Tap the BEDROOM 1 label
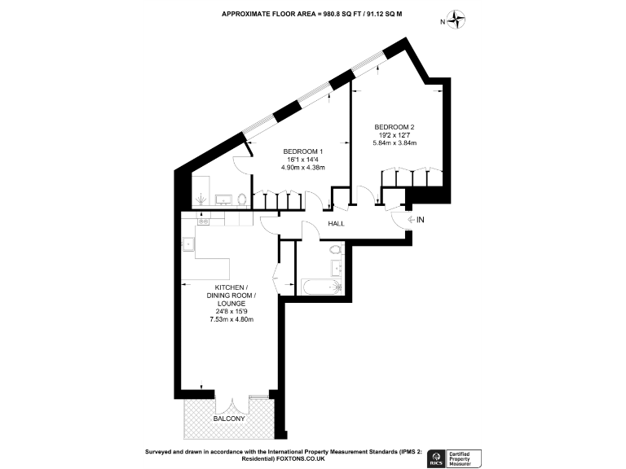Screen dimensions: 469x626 click(304, 152)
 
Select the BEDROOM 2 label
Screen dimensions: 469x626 click(395, 127)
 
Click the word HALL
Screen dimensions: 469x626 click(337, 224)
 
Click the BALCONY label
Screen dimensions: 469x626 click(229, 419)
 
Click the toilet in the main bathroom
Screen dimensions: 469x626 click(337, 247)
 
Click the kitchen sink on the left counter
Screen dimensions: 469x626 click(188, 242)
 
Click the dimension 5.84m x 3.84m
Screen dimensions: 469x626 click(395, 143)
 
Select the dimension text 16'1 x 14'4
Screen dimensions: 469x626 click(304, 160)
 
